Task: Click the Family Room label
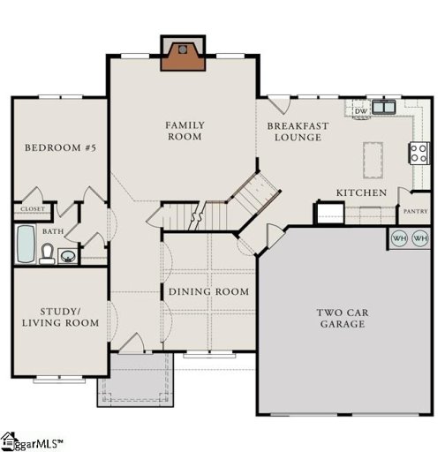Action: tap(184, 132)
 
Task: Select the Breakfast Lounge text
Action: tap(298, 132)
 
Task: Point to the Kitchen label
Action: tap(360, 192)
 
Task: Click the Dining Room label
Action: tap(208, 291)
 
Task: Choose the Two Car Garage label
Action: tap(343, 318)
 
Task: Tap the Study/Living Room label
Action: tap(58, 317)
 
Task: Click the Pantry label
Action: tap(415, 212)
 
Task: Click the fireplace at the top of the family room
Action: tap(183, 55)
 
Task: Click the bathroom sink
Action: tap(67, 257)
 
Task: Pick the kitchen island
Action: tap(373, 160)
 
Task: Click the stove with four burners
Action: tap(419, 153)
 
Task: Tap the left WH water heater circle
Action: tap(399, 238)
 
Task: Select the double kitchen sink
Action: tap(384, 108)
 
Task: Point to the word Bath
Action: tap(53, 231)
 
